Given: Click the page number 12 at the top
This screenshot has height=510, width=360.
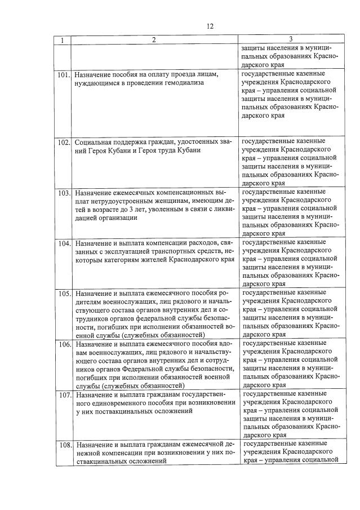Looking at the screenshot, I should coord(210,26).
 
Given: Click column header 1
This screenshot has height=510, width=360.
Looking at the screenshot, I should coord(62,40).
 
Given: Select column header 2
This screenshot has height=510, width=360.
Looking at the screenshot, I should coord(153,40).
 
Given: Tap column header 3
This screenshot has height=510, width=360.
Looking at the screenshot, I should coord(290,39).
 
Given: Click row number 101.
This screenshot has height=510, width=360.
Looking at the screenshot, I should coord(63,74).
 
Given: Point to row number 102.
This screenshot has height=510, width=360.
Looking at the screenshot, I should coord(63,141).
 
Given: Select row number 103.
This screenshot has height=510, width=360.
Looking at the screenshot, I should coord(63,193).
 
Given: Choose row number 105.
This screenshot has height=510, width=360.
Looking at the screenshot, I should coord(63,294).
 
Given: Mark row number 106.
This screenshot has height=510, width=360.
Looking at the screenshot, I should coord(63,344).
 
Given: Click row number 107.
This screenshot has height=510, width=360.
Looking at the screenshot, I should coord(63,394).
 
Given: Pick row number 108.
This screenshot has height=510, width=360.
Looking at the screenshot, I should coord(63,445).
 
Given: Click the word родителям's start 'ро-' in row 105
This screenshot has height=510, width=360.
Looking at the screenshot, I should coord(230,293).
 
